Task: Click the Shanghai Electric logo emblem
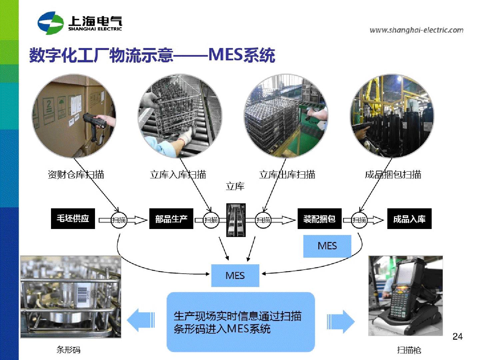[x=50, y=23]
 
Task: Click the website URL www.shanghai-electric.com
[x=416, y=30]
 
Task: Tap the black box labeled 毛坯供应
[x=73, y=219]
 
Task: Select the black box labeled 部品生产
[x=171, y=219]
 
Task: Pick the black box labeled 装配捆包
[x=319, y=219]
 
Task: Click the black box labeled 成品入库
[x=409, y=219]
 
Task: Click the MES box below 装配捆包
[x=327, y=246]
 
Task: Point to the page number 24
[x=457, y=336]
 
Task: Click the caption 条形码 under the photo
[x=68, y=350]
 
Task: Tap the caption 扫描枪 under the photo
[x=409, y=350]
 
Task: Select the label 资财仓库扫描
[x=76, y=174]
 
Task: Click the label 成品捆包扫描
[x=393, y=174]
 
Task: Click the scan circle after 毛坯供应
[x=119, y=220]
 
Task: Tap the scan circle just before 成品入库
[x=359, y=220]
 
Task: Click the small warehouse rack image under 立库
[x=236, y=220]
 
